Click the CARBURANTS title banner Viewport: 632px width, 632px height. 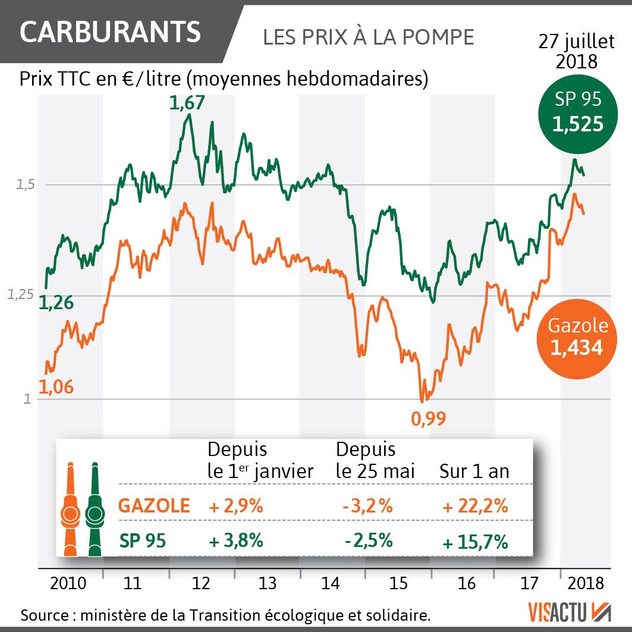pos(110,32)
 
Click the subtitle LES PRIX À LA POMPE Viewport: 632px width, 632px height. pos(368,37)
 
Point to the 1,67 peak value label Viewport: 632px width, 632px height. pos(187,103)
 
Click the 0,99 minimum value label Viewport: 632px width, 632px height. pos(428,419)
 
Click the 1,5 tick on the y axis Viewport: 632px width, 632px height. pos(26,185)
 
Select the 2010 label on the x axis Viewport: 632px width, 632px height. pos(68,583)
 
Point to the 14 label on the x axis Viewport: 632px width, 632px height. pos(331,583)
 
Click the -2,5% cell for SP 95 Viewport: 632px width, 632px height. pos(368,541)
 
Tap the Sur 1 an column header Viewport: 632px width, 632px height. pos(474,471)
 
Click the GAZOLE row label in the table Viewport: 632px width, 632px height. pos(155,506)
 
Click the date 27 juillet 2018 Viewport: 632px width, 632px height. pos(576,51)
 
